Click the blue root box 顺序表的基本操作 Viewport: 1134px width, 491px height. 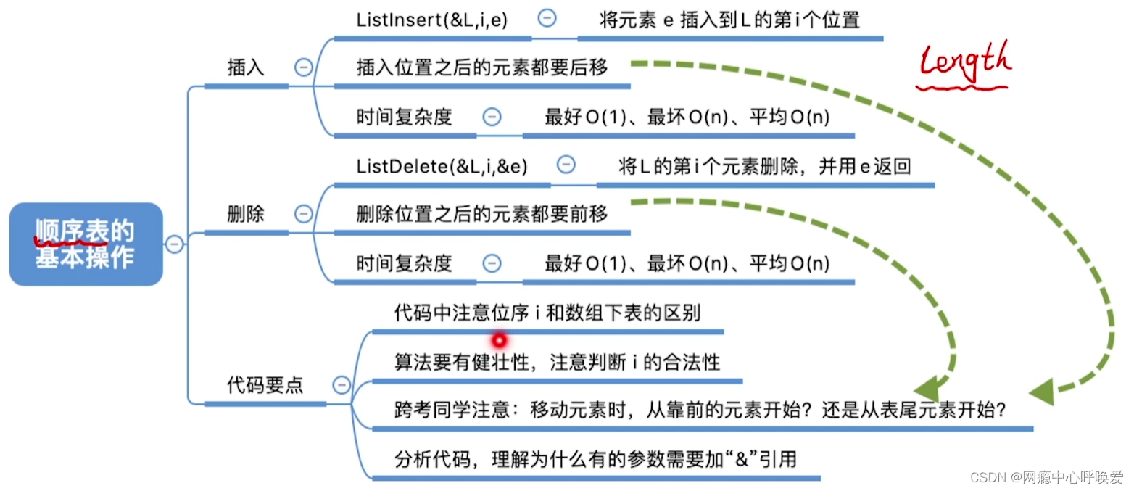[x=86, y=244]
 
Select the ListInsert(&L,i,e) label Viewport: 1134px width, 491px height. [x=432, y=20]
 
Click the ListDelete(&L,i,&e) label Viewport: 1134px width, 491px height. [x=442, y=167]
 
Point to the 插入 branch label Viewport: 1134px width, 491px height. [x=246, y=68]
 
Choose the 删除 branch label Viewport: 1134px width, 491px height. [x=246, y=215]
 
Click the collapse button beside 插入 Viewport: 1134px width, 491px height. [x=303, y=67]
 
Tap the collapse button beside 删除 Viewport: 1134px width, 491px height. [x=303, y=214]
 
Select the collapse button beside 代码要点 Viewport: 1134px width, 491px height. [x=341, y=385]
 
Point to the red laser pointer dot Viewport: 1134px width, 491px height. [x=499, y=339]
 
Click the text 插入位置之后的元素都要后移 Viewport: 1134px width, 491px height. [x=482, y=68]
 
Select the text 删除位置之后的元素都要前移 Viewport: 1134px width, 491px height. [x=482, y=215]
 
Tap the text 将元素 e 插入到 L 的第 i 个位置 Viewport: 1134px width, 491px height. [x=729, y=20]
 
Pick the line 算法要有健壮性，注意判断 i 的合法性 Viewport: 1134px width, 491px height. [x=557, y=362]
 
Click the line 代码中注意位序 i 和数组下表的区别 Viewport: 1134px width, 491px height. [x=547, y=313]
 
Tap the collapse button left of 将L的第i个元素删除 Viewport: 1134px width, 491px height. [x=566, y=165]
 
